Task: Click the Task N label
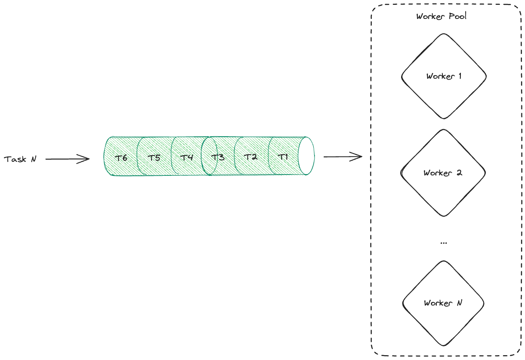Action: [x=20, y=159]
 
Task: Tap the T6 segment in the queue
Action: [x=121, y=157]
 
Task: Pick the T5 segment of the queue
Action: [x=154, y=157]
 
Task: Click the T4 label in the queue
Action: [x=187, y=157]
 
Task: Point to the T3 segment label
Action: [x=218, y=157]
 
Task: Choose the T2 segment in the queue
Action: [x=250, y=157]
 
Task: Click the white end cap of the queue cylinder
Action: [x=306, y=156]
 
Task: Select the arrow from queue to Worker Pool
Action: [x=343, y=156]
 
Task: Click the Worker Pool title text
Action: [x=441, y=16]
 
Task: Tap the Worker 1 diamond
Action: [x=444, y=76]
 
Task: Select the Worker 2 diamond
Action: [x=443, y=173]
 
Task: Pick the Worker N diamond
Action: [x=443, y=303]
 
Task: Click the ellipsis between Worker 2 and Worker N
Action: [x=443, y=243]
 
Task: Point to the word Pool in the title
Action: [x=457, y=16]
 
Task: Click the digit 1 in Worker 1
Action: [x=460, y=76]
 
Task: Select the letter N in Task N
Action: [x=33, y=159]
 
